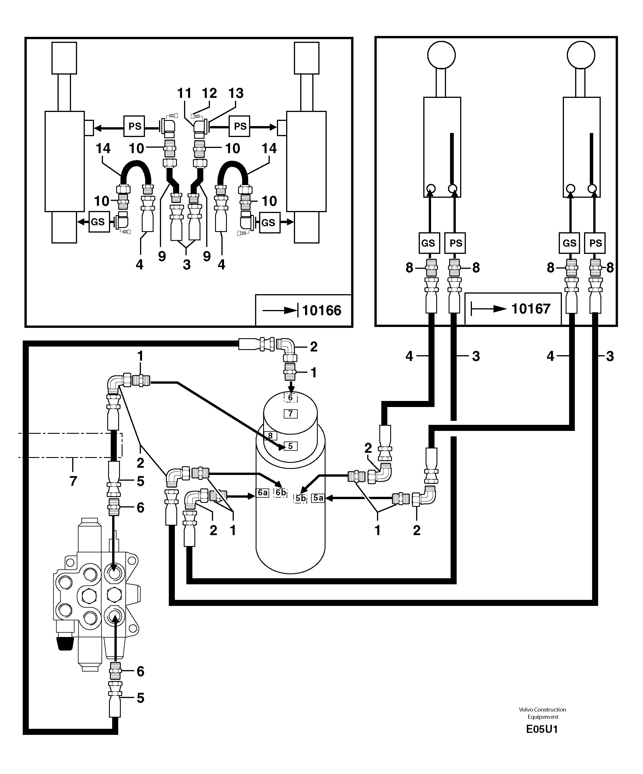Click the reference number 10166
[321, 310]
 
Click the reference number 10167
[530, 309]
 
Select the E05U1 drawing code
[542, 729]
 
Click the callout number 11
[184, 93]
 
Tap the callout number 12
[209, 93]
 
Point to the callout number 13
[236, 93]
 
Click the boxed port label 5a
[318, 498]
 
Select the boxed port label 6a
[262, 493]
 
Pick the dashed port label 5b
[300, 498]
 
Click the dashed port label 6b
[280, 493]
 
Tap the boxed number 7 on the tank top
[290, 414]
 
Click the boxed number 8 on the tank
[270, 436]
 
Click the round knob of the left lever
[441, 55]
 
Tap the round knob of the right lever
[581, 55]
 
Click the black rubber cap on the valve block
[65, 643]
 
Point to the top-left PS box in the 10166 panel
[134, 126]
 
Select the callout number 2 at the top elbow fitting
[313, 347]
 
